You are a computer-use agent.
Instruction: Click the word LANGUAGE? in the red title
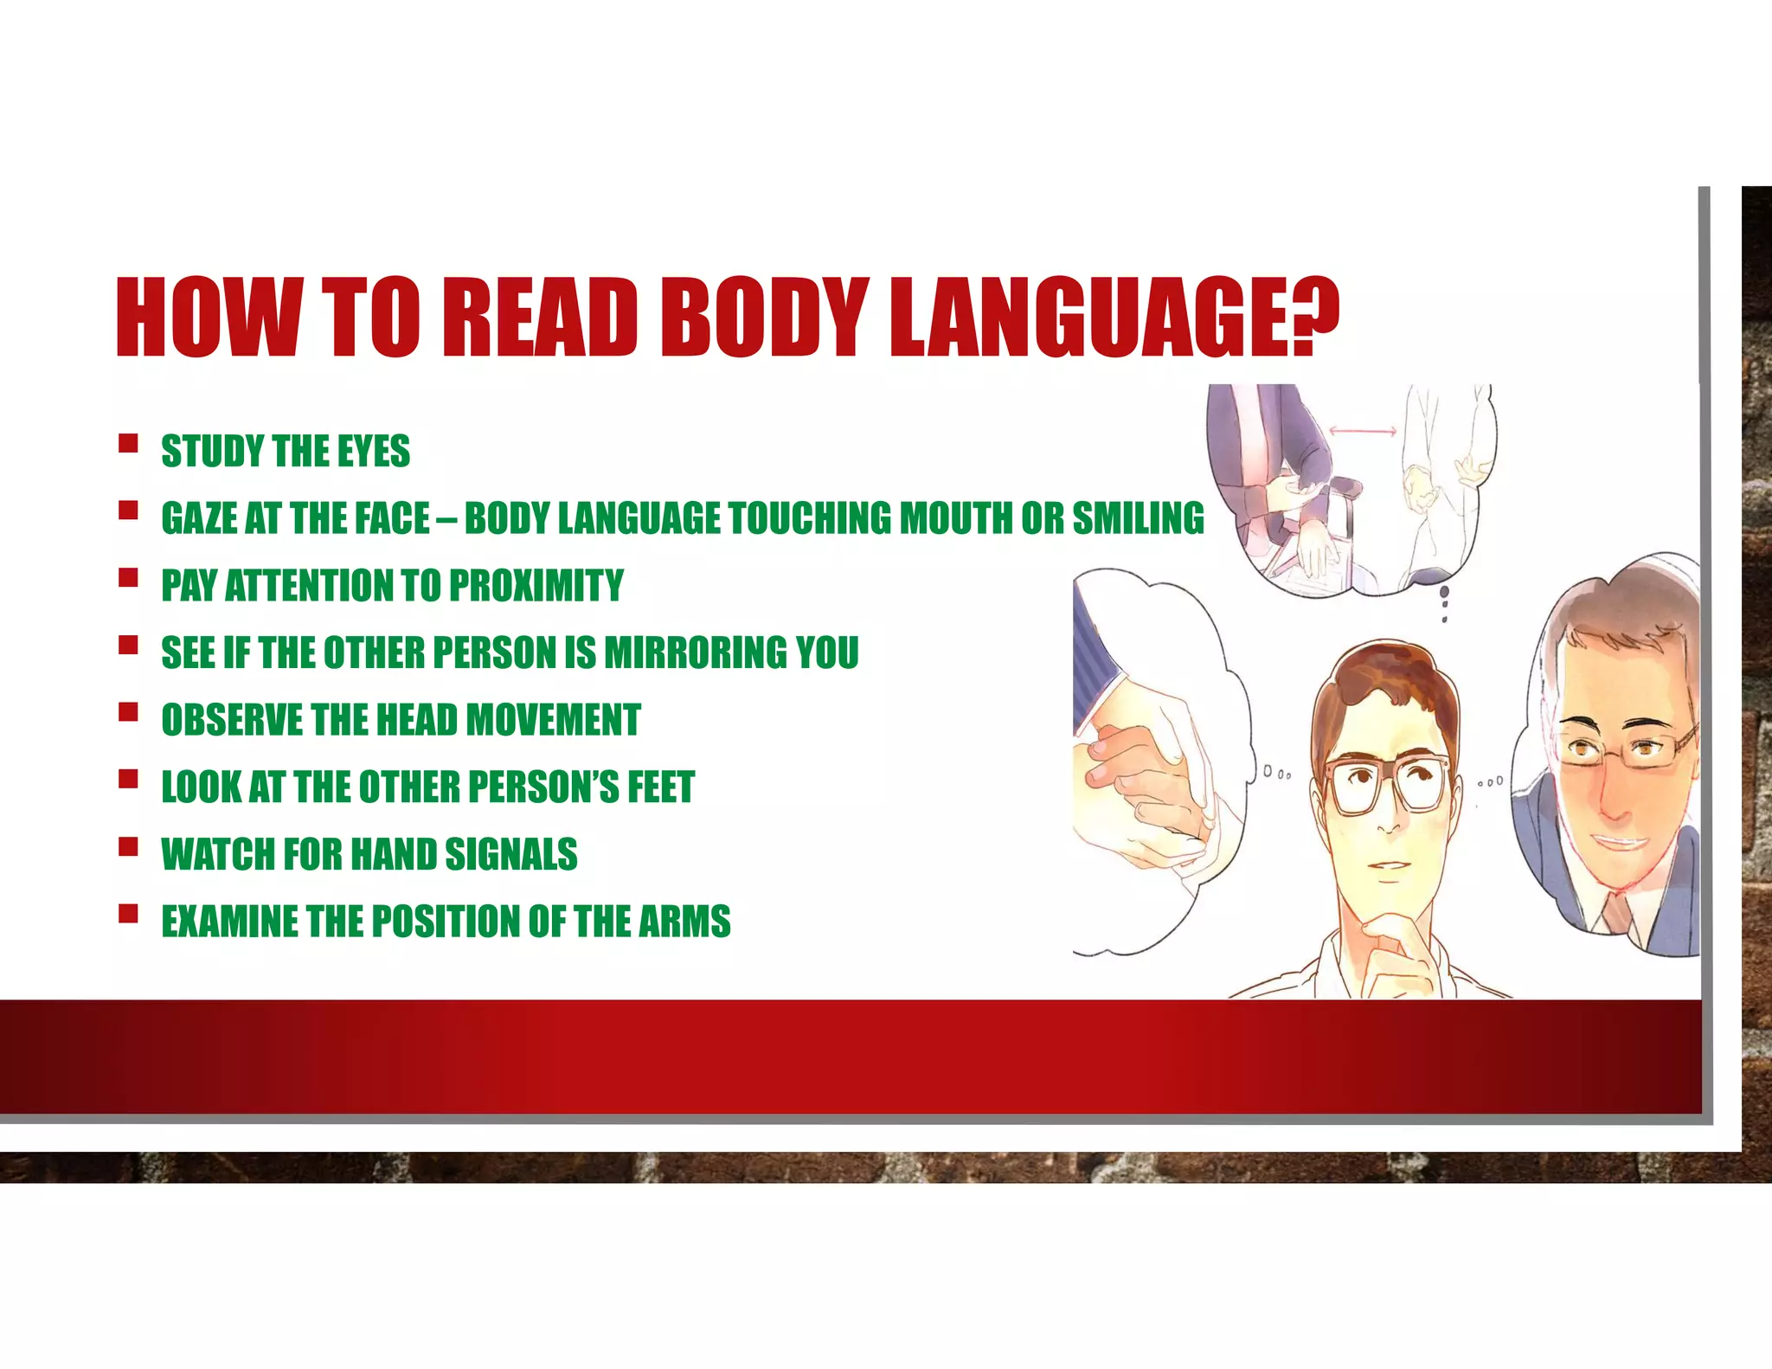tap(1114, 317)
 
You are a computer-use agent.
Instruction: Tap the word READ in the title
tap(540, 317)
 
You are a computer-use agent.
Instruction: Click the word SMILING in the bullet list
tap(1138, 518)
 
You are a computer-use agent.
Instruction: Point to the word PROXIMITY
tap(536, 586)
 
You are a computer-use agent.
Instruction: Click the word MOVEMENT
tap(554, 720)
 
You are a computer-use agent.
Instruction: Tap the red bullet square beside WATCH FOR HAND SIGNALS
tap(129, 846)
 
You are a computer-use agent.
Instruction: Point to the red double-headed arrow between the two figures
tap(1363, 430)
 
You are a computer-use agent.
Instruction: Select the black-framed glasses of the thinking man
tap(1390, 782)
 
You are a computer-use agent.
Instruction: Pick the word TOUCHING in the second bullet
tap(810, 518)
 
